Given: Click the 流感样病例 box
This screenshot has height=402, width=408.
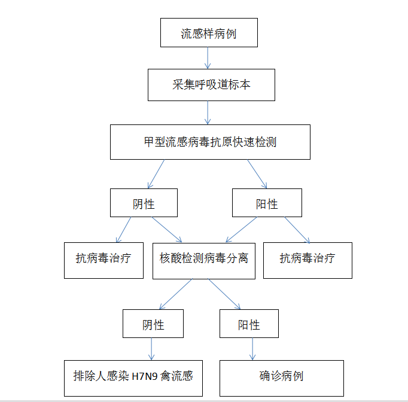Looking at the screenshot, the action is pyautogui.click(x=209, y=32).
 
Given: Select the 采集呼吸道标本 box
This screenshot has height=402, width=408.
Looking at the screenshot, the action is pyautogui.click(x=211, y=85).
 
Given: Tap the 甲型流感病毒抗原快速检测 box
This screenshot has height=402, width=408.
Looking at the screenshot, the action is pyautogui.click(x=210, y=142).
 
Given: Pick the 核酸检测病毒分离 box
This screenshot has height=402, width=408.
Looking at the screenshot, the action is pyautogui.click(x=204, y=261).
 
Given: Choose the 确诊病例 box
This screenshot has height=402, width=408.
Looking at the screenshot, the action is pyautogui.click(x=282, y=378).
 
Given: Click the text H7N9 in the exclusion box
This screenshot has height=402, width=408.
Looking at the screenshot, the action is pyautogui.click(x=145, y=377).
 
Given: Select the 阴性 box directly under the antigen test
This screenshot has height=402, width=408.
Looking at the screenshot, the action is pyautogui.click(x=144, y=203).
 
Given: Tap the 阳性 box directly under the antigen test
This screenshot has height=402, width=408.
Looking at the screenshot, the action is pyautogui.click(x=267, y=203).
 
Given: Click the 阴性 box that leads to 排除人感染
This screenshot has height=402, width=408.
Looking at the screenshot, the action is pyautogui.click(x=153, y=324).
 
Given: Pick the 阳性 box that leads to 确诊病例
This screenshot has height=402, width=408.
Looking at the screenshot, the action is pyautogui.click(x=249, y=324).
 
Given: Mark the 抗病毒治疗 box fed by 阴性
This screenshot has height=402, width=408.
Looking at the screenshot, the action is pyautogui.click(x=103, y=260).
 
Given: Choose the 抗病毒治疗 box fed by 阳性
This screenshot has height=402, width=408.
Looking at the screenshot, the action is pyautogui.click(x=307, y=260).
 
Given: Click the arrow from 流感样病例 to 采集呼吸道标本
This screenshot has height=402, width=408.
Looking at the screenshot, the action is pyautogui.click(x=208, y=58).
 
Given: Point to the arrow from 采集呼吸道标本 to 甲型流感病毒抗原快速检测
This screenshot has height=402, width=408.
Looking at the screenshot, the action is pyautogui.click(x=208, y=112).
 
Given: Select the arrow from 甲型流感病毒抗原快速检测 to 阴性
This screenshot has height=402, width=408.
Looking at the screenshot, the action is pyautogui.click(x=156, y=174).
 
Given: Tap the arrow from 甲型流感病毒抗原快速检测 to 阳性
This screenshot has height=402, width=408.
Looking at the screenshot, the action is pyautogui.click(x=257, y=174).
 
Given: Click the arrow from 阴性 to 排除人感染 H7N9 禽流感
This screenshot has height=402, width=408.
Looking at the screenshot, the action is pyautogui.click(x=151, y=349).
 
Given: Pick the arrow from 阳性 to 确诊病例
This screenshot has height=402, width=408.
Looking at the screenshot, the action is pyautogui.click(x=252, y=349).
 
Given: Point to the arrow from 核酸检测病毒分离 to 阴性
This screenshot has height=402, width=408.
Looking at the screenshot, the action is pyautogui.click(x=176, y=294).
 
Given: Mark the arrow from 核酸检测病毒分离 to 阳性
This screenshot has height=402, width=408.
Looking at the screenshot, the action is pyautogui.click(x=224, y=294).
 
